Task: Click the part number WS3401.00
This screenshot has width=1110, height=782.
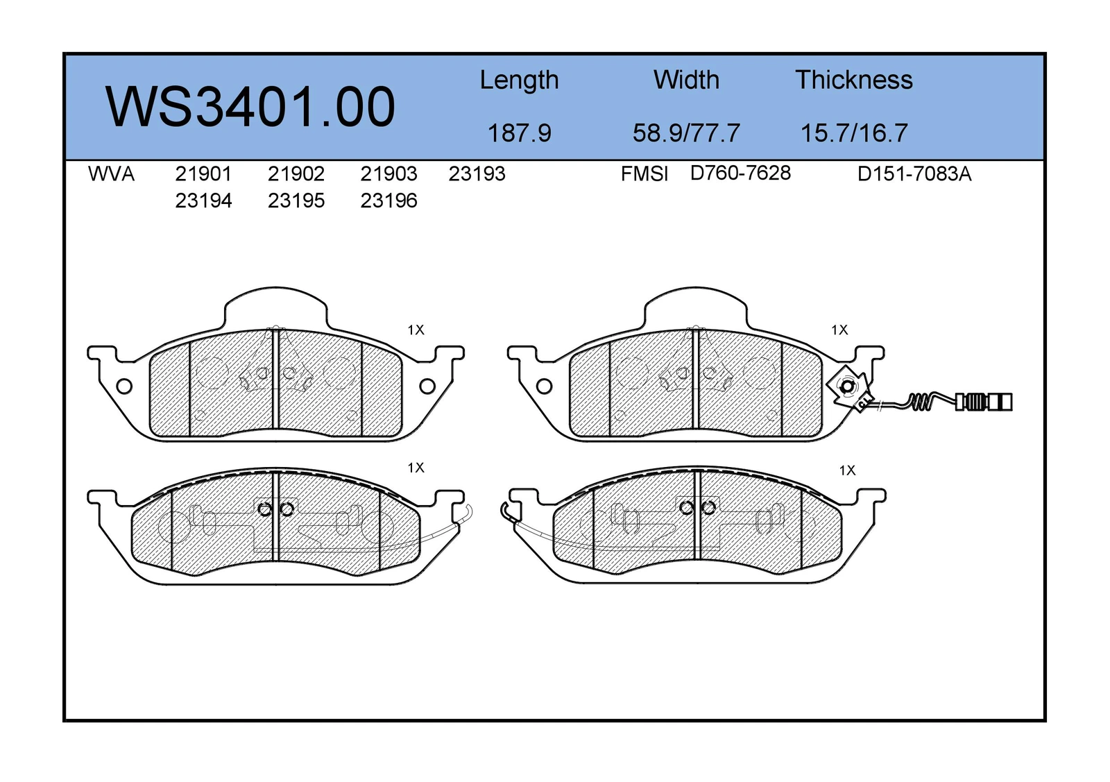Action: pyautogui.click(x=250, y=107)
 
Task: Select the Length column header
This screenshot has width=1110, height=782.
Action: pyautogui.click(x=519, y=80)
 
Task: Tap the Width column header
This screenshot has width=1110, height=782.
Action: pyautogui.click(x=686, y=80)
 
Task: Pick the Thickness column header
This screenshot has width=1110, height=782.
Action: pyautogui.click(x=854, y=80)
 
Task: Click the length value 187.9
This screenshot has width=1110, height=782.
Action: pyautogui.click(x=520, y=133)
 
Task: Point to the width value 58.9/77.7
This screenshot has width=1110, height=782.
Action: pyautogui.click(x=686, y=133)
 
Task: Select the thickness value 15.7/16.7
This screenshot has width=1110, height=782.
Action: pyautogui.click(x=854, y=133)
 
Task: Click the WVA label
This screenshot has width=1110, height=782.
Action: pyautogui.click(x=111, y=174)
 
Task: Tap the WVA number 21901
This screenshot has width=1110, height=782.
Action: pyautogui.click(x=203, y=174)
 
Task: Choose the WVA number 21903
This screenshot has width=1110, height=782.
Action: pyautogui.click(x=388, y=174)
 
